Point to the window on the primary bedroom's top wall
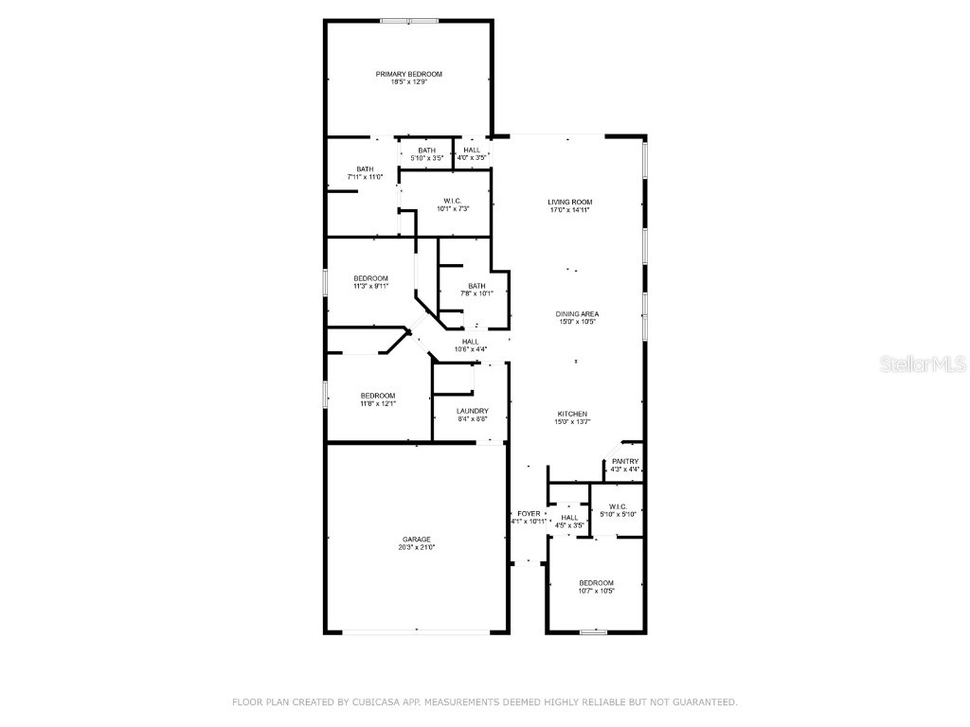point(408,21)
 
